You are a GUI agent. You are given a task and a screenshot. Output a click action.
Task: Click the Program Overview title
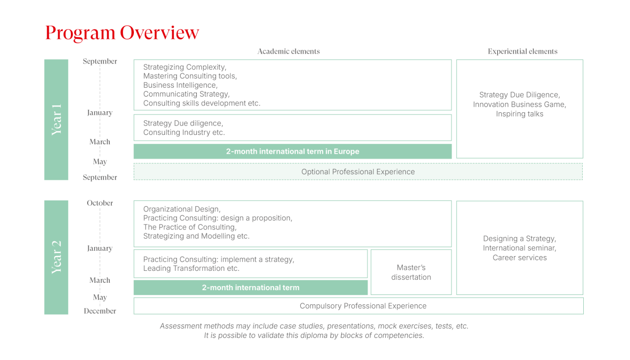click(122, 33)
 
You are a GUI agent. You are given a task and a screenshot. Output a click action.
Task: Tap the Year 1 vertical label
click(56, 120)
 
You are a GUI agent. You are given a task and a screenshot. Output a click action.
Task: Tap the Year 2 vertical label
click(56, 257)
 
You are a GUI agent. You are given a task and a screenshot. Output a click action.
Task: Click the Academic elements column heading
click(289, 51)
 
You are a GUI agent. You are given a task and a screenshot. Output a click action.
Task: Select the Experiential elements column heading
click(522, 51)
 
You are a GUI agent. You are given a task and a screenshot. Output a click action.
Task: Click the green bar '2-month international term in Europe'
click(292, 152)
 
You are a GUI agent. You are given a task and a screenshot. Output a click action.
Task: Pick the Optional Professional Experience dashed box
click(358, 172)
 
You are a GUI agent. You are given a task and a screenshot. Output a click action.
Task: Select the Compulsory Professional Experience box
click(359, 306)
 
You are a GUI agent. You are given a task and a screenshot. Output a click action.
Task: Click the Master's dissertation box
click(411, 272)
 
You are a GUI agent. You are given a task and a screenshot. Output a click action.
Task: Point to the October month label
click(100, 203)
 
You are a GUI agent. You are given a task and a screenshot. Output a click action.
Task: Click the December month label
click(100, 311)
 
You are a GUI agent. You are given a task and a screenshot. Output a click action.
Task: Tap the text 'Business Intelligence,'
click(180, 85)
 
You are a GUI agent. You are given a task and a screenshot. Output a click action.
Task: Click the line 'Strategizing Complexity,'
click(185, 67)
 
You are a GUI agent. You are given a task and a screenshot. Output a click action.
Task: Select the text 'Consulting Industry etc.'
click(184, 132)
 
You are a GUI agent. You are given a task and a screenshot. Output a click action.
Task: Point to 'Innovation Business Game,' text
click(519, 104)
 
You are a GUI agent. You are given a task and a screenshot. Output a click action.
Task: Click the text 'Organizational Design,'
click(182, 209)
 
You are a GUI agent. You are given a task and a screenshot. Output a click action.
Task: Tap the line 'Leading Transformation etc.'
click(191, 268)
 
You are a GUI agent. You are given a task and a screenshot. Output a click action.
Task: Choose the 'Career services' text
click(519, 258)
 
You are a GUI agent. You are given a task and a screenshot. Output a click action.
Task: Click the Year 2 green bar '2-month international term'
click(250, 288)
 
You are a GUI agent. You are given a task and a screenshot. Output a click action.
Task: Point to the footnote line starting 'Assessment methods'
click(314, 326)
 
